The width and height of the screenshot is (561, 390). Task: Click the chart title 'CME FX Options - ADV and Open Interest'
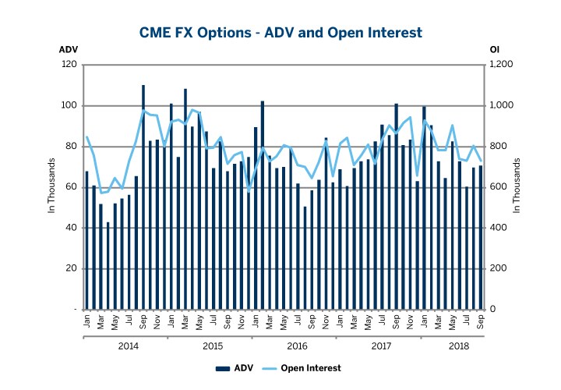pos(280,32)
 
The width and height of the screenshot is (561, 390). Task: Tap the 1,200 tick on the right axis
pos(499,65)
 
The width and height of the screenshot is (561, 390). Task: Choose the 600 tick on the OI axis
pos(496,187)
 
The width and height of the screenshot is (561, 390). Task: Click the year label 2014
pos(128,346)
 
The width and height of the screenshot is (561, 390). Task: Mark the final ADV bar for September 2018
pos(481,237)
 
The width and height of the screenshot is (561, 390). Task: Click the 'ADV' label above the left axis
pos(69,50)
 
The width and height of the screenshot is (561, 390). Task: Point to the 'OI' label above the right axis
pos(494,50)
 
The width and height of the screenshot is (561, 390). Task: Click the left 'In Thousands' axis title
pos(52,187)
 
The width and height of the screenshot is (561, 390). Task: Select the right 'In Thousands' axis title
pos(517,187)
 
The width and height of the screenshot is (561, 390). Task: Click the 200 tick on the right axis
pos(496,268)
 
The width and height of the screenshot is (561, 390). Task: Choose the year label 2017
pos(381,346)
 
